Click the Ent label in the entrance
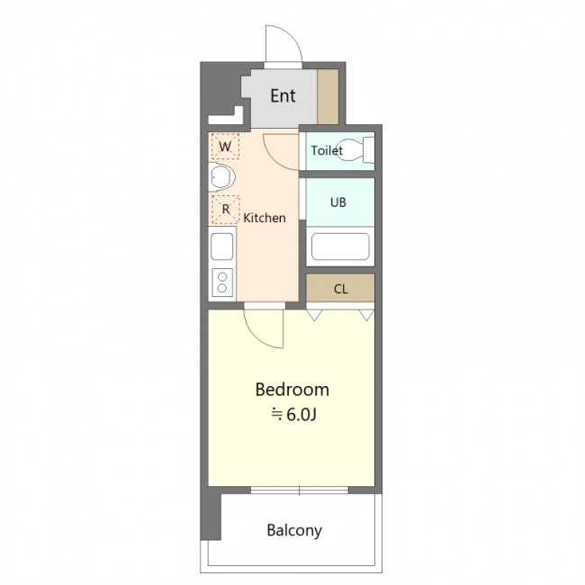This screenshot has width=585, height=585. point(283,96)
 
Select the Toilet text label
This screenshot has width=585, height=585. point(327,150)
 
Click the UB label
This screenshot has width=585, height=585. point(338,202)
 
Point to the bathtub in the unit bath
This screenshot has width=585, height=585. point(340,247)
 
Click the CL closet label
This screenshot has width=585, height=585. point(340,289)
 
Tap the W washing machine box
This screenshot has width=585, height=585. point(225,146)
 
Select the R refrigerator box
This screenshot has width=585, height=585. point(225,210)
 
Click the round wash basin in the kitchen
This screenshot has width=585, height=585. point(221,176)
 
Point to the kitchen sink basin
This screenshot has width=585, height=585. point(222,247)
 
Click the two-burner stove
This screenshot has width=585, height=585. point(222,283)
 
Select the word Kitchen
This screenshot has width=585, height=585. point(265,218)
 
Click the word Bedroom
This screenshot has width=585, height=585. point(292,390)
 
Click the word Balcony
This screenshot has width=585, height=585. point(294,530)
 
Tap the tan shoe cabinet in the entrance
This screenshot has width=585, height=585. point(328,96)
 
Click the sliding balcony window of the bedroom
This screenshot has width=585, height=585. point(299,490)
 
